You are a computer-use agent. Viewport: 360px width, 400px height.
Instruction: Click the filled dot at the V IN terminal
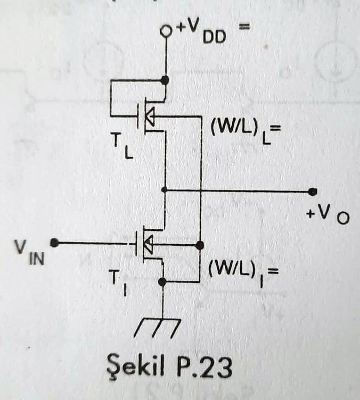tap(54, 243)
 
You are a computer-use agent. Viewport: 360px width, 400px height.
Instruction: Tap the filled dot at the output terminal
tap(313, 191)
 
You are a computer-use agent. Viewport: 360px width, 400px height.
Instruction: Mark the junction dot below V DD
tap(165, 80)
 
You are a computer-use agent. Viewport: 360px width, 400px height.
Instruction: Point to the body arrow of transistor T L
tap(151, 116)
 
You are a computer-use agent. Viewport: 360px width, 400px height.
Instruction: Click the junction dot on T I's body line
tap(200, 245)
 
